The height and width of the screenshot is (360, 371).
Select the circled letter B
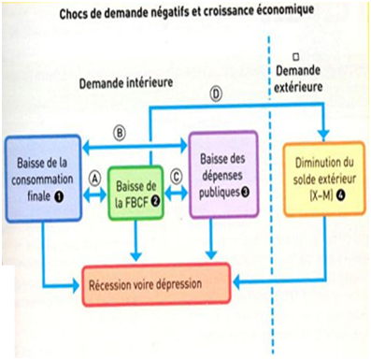119,132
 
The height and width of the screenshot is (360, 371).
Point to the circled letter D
217,94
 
